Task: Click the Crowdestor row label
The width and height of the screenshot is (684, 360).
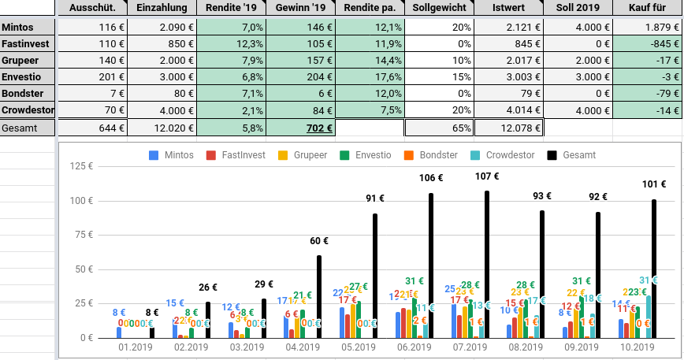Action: tap(27, 109)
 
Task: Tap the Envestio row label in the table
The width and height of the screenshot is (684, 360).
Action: tap(22, 76)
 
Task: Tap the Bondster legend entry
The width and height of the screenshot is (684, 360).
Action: tap(437, 155)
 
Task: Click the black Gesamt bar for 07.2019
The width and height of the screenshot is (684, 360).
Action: tap(486, 264)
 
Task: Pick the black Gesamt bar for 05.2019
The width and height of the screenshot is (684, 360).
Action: tap(375, 275)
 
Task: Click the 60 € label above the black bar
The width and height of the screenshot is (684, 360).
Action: tap(318, 241)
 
